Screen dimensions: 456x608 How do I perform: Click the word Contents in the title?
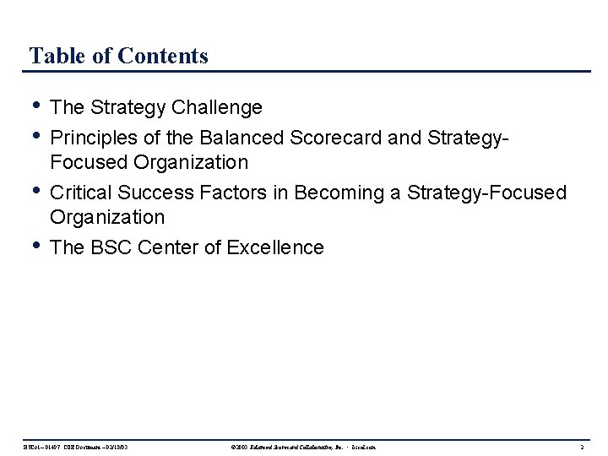[164, 57]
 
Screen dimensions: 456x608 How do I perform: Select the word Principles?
[90, 135]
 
